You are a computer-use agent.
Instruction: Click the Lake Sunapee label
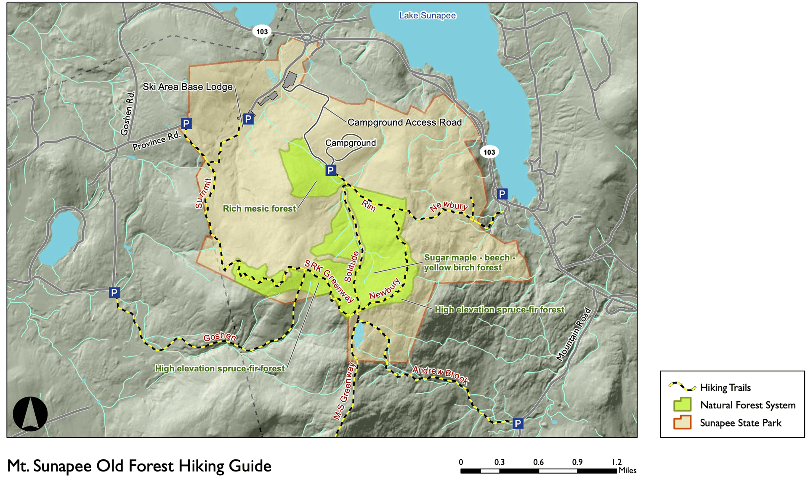pyautogui.click(x=427, y=16)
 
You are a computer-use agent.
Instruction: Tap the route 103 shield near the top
pyautogui.click(x=262, y=32)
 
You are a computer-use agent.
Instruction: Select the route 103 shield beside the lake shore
pyautogui.click(x=489, y=152)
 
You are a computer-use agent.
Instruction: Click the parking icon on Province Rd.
pyautogui.click(x=186, y=123)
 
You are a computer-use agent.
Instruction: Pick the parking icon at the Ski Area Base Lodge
pyautogui.click(x=248, y=119)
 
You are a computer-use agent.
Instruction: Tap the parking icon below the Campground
pyautogui.click(x=331, y=170)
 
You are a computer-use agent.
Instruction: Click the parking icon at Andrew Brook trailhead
pyautogui.click(x=518, y=423)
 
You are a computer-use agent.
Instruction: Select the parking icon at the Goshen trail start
pyautogui.click(x=114, y=292)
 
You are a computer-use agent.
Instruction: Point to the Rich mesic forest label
pyautogui.click(x=259, y=209)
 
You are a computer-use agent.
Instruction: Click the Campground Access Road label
pyautogui.click(x=404, y=122)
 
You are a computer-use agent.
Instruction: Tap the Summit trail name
pyautogui.click(x=203, y=193)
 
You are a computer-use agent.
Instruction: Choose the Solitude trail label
pyautogui.click(x=351, y=266)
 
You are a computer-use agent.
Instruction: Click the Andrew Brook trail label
pyautogui.click(x=440, y=374)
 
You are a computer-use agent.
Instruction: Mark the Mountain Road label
pyautogui.click(x=574, y=335)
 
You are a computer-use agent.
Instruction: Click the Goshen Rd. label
pyautogui.click(x=128, y=114)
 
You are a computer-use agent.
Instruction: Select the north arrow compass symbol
pyautogui.click(x=30, y=414)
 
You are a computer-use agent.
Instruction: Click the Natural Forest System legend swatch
pyautogui.click(x=682, y=405)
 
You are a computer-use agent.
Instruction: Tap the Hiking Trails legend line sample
pyautogui.click(x=682, y=387)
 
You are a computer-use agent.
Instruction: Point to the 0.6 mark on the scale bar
pyautogui.click(x=538, y=462)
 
